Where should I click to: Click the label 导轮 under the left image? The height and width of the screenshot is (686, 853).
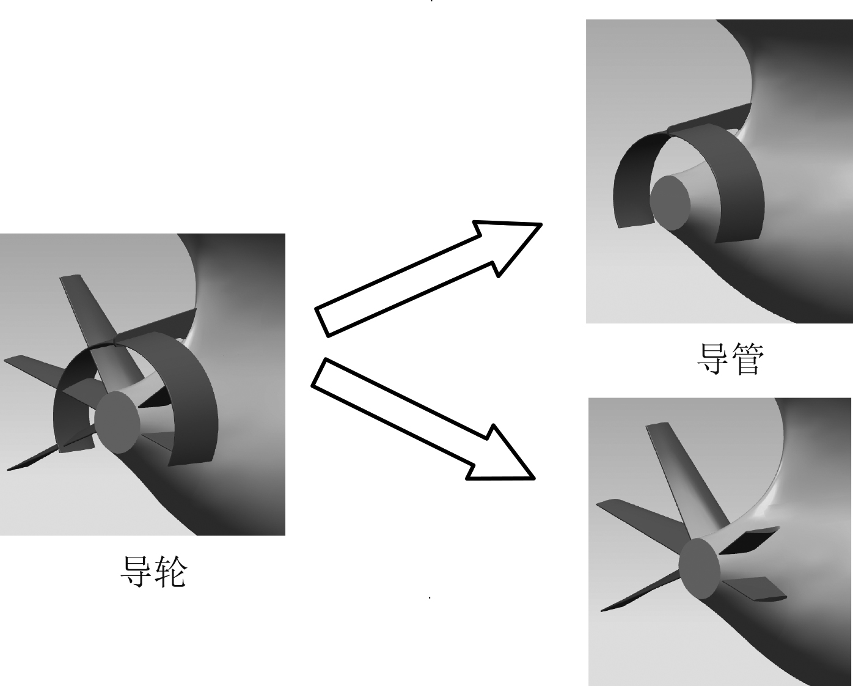(x=153, y=572)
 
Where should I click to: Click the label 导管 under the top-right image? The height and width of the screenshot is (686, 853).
(x=730, y=359)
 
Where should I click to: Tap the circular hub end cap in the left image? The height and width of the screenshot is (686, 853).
(x=117, y=422)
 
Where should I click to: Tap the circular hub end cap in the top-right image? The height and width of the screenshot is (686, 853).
(x=670, y=203)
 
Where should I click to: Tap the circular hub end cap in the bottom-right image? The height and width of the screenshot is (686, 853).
(x=699, y=569)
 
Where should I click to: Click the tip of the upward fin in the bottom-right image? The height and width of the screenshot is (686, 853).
(x=657, y=425)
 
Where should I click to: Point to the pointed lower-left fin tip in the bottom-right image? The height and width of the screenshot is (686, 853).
(x=602, y=610)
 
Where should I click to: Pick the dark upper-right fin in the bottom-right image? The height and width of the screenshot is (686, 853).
(x=749, y=540)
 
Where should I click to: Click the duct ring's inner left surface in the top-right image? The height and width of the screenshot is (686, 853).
(x=632, y=183)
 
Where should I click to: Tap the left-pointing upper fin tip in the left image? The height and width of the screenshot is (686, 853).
(x=6, y=360)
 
